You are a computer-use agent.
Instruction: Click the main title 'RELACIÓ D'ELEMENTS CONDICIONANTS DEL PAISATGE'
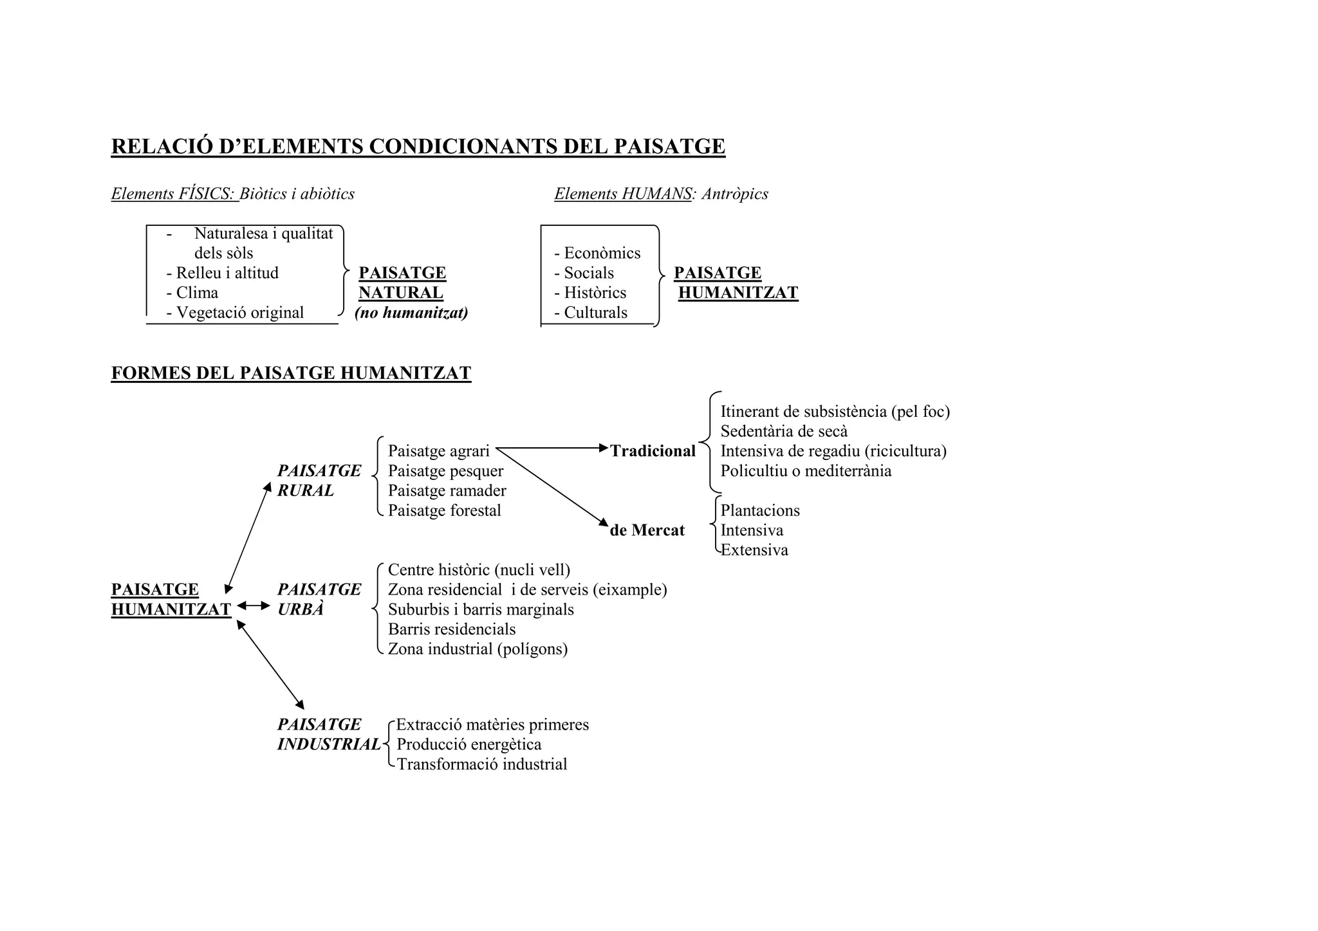pos(418,147)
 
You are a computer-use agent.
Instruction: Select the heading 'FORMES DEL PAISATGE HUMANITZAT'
pos(291,373)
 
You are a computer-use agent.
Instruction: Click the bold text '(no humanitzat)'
pos(411,313)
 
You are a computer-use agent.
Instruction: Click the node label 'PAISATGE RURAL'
pos(319,481)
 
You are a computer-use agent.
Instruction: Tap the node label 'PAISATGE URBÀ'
pos(319,599)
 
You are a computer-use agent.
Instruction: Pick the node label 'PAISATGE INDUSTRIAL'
pos(328,734)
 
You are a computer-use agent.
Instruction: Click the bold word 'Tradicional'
pos(653,451)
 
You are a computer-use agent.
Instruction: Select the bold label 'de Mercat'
pos(647,530)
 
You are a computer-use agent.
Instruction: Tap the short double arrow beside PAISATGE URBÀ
pos(254,605)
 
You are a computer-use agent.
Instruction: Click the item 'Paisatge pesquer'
pos(445,471)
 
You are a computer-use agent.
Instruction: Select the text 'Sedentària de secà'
pos(784,431)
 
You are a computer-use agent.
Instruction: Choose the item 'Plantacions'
pos(760,510)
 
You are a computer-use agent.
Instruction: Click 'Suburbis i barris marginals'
pos(481,609)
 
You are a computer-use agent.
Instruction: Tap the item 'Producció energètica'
pos(469,744)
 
